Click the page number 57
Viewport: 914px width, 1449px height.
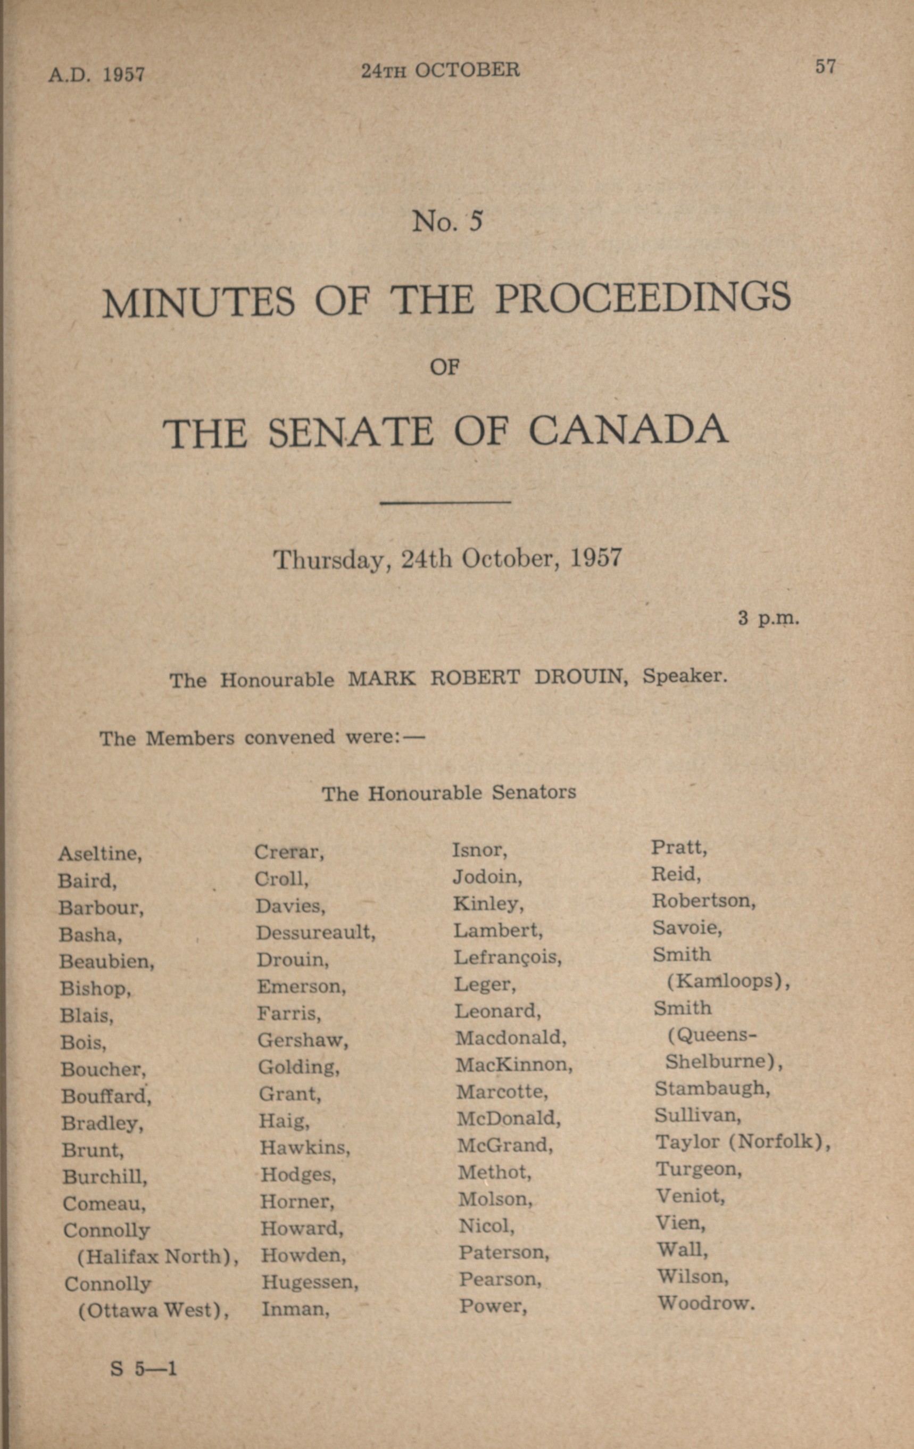825,66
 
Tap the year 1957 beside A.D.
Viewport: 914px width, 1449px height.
123,74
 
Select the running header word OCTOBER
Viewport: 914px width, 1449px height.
467,70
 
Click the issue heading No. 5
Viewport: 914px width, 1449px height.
447,221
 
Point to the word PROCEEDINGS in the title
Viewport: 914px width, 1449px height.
642,298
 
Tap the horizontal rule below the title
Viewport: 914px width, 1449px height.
445,502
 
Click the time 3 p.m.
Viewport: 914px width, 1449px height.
768,618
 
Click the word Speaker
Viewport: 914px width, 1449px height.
685,676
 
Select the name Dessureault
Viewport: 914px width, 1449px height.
315,933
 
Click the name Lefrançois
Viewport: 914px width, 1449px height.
507,957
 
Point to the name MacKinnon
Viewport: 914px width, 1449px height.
514,1064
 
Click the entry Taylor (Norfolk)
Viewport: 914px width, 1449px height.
743,1141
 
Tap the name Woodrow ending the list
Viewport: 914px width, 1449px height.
705,1303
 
